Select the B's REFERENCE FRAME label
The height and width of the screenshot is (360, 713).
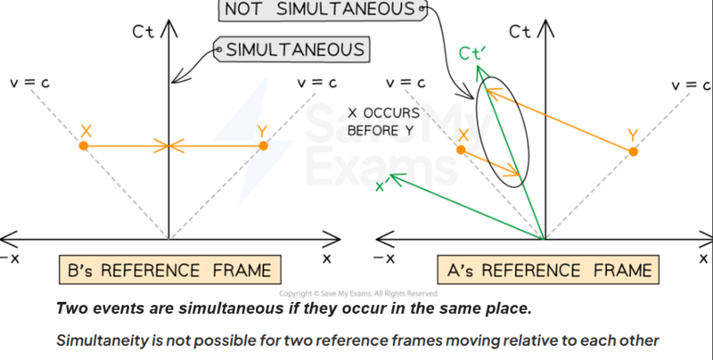pos(171,268)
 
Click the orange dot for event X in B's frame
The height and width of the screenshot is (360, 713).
pos(83,145)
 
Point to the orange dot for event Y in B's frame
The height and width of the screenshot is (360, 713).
pos(262,145)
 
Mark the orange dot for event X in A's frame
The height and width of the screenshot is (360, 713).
pos(461,150)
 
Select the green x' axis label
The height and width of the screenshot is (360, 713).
pos(383,186)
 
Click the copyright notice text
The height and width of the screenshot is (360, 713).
pos(356,293)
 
